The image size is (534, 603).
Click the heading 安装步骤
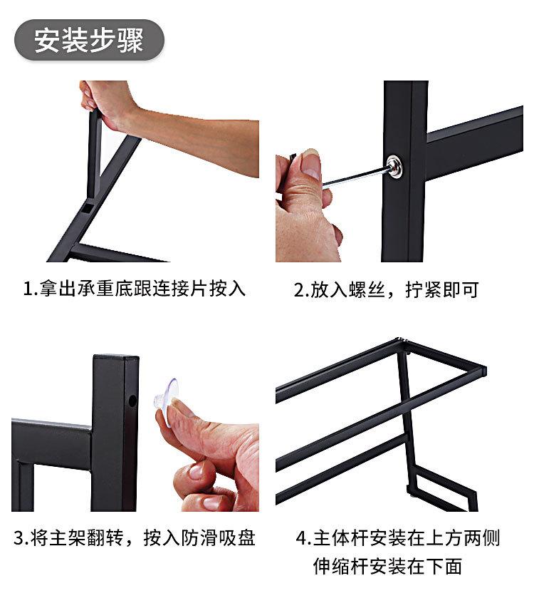click(x=89, y=40)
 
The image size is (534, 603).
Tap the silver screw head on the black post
click(x=394, y=167)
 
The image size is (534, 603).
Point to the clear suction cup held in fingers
click(x=168, y=393)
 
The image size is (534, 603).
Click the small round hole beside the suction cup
click(x=132, y=402)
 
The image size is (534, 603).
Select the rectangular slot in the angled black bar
click(x=85, y=208)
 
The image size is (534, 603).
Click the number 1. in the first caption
click(x=30, y=289)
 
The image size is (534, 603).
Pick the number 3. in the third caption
click(x=21, y=537)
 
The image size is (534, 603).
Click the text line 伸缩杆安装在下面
click(x=387, y=567)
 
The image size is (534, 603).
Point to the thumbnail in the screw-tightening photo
click(x=310, y=165)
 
